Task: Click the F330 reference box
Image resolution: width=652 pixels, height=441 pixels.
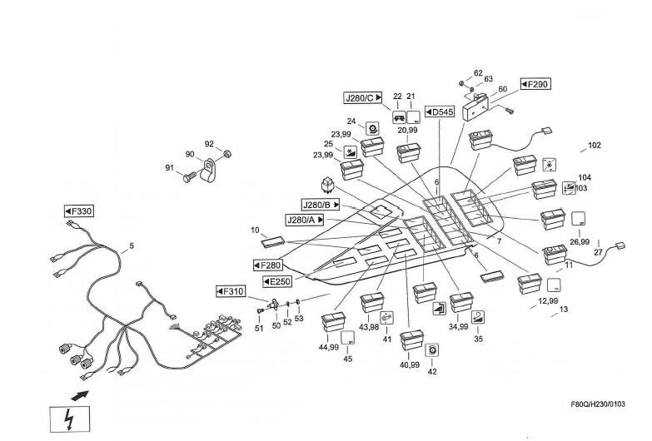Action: pos(79,211)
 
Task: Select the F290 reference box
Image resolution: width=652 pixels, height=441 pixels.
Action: pos(535,84)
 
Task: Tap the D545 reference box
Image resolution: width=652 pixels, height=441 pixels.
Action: pos(439,111)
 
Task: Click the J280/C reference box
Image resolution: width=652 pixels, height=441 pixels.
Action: pos(362,97)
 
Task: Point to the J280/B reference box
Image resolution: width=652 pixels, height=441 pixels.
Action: pos(321,204)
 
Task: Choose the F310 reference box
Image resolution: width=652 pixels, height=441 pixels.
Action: pos(231,291)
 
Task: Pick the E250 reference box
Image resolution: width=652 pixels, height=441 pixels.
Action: pos(276,281)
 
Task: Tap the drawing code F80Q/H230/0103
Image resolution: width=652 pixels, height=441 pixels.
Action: pos(597,404)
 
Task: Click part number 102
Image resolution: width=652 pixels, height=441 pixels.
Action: pos(594,146)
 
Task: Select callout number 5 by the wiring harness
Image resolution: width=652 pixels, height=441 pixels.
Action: pos(131,245)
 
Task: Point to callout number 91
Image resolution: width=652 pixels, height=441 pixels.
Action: pos(169,169)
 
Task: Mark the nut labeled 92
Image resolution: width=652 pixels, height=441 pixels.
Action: pos(229,153)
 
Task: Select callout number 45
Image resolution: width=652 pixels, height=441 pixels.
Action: pos(348,359)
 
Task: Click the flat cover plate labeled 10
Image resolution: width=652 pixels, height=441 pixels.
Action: pos(274,242)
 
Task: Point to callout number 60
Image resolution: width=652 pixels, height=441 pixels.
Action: pos(502,89)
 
